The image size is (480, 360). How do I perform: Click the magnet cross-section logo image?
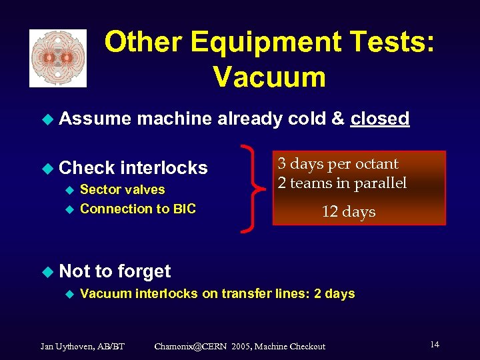58,58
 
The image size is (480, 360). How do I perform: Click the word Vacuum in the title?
269,77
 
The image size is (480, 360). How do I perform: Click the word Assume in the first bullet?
95,119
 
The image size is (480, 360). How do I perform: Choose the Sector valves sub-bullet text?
122,190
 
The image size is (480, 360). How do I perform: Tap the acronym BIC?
184,209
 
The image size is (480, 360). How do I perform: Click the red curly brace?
253,189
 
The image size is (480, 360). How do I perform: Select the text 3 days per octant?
338,164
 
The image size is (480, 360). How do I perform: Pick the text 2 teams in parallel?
342,183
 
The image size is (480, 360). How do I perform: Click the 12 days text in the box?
349,212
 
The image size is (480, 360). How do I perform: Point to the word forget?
143,271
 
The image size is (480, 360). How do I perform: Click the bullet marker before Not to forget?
46,271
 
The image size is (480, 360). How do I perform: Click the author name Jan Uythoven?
65,346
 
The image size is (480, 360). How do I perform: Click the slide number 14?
434,345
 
